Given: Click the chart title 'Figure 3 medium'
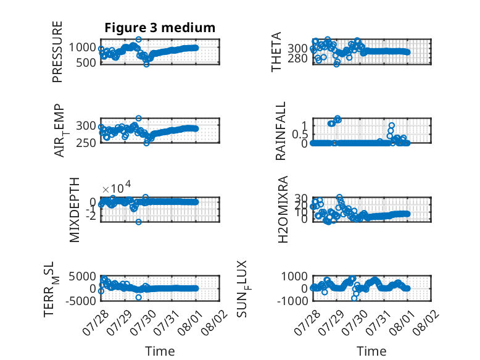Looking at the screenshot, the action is click(160, 28).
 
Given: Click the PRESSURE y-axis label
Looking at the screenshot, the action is click(57, 52).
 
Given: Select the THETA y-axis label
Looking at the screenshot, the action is click(276, 52).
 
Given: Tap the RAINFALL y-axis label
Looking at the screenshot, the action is click(280, 131).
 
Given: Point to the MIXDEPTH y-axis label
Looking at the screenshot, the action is click(75, 210).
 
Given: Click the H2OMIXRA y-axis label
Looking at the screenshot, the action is click(283, 209).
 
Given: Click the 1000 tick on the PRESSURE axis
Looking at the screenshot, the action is click(82, 48).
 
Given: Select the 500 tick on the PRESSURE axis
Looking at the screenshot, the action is click(86, 62).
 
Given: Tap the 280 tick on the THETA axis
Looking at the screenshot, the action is click(297, 58).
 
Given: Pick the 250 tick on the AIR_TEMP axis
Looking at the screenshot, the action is click(86, 143).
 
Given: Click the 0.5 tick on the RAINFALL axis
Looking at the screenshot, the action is click(300, 134).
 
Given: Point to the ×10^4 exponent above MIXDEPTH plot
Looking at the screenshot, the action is click(117, 187).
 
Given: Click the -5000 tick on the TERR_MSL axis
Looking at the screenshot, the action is click(81, 301).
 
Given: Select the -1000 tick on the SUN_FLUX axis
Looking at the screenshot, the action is click(292, 301).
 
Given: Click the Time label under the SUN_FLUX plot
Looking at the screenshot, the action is click(371, 351).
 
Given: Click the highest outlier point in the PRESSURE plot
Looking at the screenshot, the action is click(139, 40).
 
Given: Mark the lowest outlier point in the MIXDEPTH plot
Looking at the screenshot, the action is click(139, 222).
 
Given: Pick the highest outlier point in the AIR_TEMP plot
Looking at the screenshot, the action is click(139, 119).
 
